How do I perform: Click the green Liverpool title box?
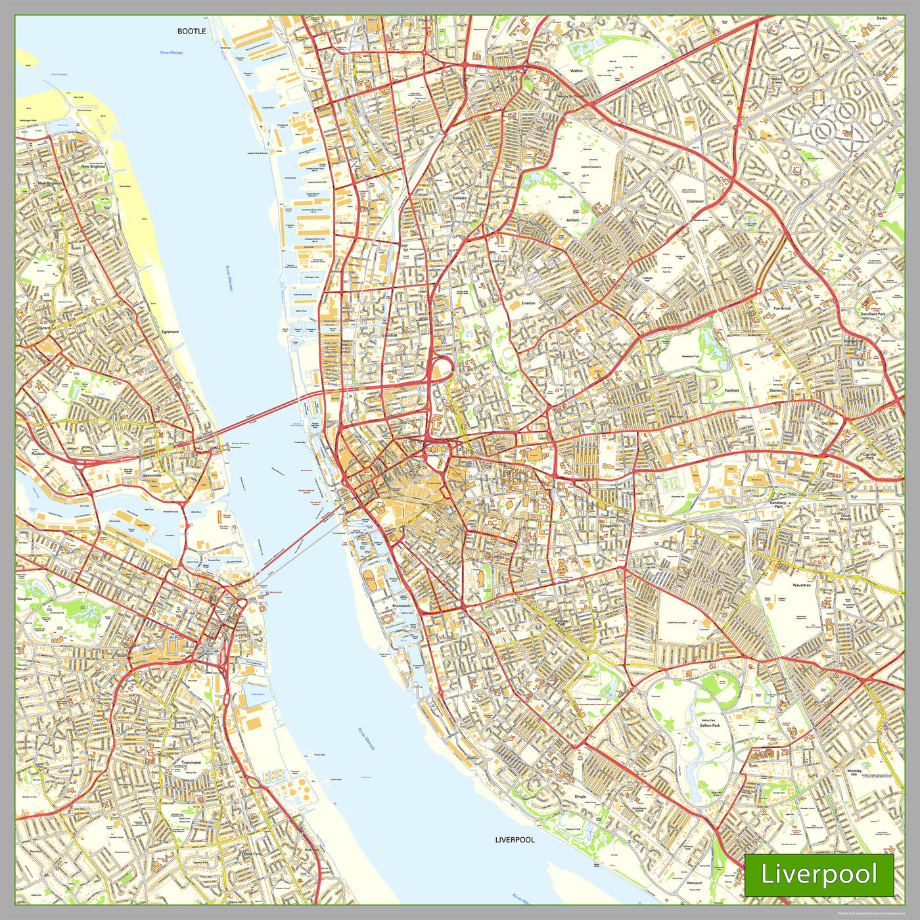819,875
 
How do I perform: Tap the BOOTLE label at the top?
191,31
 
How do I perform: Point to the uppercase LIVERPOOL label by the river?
515,840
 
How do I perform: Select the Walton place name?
576,70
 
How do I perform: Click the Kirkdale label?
459,198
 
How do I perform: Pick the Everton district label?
528,304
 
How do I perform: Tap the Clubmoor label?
695,201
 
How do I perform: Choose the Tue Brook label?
781,308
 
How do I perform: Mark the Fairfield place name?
731,390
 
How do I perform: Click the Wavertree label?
801,585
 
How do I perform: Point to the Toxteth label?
488,668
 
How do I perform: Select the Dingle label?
580,796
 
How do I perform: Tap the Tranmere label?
191,763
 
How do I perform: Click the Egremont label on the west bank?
170,332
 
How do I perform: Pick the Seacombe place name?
151,476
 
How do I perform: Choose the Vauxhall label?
390,335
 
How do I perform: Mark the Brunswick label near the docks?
401,605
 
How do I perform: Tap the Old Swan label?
829,423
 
